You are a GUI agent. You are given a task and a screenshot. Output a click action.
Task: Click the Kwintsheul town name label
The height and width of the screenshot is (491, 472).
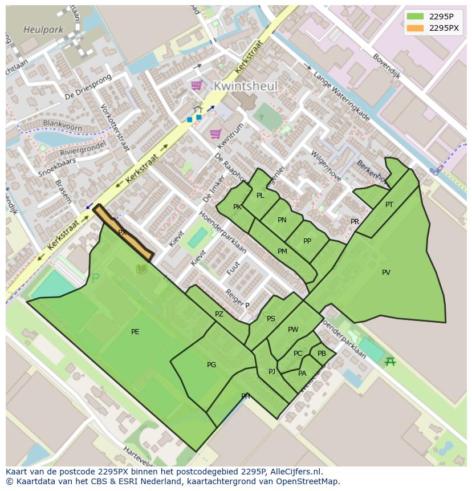[246, 86]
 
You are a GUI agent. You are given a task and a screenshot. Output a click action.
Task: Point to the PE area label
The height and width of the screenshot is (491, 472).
[135, 332]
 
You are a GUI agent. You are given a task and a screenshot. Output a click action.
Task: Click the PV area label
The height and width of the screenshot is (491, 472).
[386, 273]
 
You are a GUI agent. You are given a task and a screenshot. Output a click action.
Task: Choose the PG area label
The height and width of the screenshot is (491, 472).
[211, 365]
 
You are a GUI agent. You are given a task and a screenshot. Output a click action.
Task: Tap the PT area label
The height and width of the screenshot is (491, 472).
[389, 205]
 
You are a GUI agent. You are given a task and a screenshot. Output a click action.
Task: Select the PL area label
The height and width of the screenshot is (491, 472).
[261, 196]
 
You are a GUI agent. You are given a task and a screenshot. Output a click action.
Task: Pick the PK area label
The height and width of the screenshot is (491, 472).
[237, 207]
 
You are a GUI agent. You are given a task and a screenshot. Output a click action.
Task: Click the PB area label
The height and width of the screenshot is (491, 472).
[322, 354]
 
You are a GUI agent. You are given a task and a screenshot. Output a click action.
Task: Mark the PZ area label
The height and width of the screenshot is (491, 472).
[219, 314]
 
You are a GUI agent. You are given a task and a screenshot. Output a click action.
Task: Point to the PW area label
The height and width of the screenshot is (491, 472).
[293, 330]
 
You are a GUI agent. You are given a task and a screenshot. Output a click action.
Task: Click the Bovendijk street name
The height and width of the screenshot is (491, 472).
[386, 66]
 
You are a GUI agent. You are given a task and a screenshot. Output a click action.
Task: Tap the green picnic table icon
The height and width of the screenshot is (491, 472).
[390, 361]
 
